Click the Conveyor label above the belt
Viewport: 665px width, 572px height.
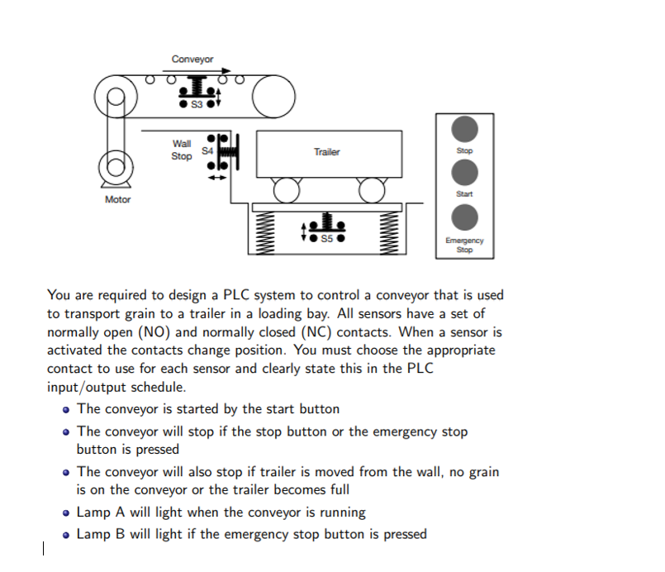tap(192, 59)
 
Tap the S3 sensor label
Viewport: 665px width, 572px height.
tap(196, 105)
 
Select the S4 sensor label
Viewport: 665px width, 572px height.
tap(207, 150)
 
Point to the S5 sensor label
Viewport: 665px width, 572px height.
tap(326, 239)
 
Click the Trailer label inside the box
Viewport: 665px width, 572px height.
tap(326, 152)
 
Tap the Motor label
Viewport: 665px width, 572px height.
tap(117, 199)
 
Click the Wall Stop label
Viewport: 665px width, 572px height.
tap(182, 150)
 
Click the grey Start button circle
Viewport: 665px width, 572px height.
tap(465, 173)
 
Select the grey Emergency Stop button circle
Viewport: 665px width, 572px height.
tap(465, 217)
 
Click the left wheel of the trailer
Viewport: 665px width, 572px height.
tap(287, 191)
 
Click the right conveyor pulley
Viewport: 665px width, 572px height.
tap(274, 98)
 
